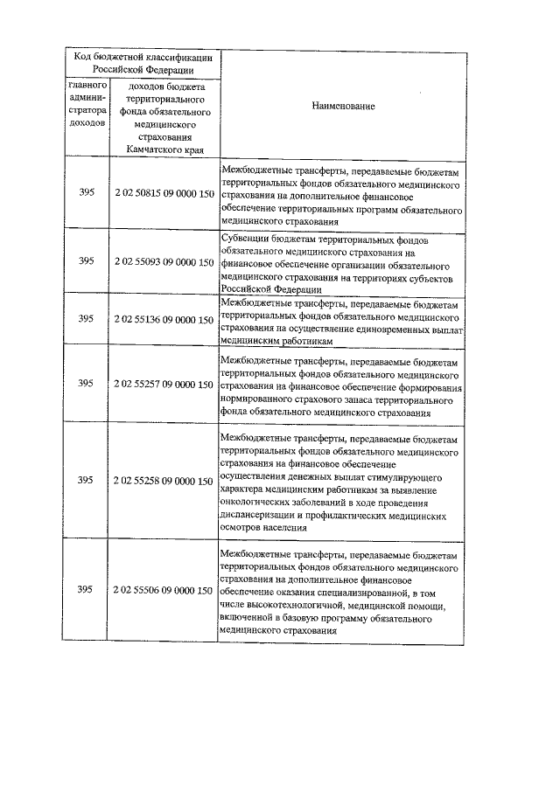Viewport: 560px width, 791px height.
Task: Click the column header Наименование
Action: point(344,106)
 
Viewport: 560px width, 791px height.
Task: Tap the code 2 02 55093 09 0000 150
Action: point(164,261)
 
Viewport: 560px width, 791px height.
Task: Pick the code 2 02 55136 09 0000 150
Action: point(164,321)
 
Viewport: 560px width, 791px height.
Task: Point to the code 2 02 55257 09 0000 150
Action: point(164,385)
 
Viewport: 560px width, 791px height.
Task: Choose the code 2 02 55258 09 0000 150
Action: point(164,480)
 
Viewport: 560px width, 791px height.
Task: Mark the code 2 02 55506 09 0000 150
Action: point(164,591)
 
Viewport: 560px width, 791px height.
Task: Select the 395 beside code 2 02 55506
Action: point(85,591)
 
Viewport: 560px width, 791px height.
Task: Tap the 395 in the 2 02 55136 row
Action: point(85,321)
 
